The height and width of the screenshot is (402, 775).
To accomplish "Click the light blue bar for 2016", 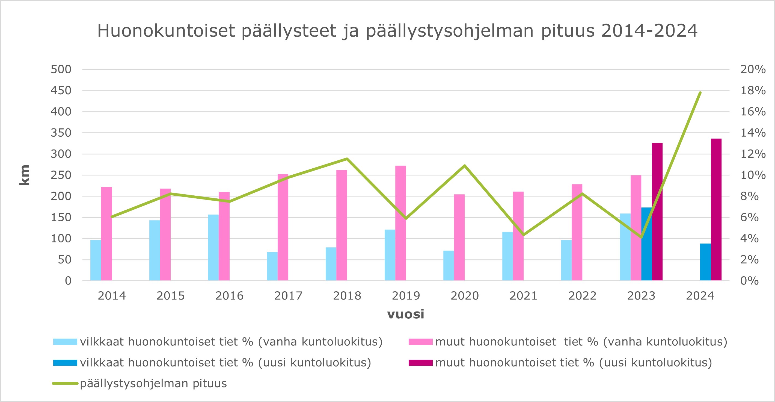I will pyautogui.click(x=213, y=248).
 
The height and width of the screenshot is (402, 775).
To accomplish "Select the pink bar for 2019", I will pyautogui.click(x=400, y=223).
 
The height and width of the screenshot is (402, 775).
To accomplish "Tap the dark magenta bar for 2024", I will pyautogui.click(x=716, y=210).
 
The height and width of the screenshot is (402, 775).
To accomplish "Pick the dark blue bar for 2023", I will pyautogui.click(x=646, y=244).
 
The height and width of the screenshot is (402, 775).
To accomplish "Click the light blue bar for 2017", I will pyautogui.click(x=272, y=266).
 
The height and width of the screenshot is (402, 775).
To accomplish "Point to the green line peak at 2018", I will pyautogui.click(x=347, y=159).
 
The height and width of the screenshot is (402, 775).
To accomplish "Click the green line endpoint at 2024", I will pyautogui.click(x=700, y=93).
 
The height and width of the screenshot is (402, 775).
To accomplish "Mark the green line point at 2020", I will pyautogui.click(x=465, y=165).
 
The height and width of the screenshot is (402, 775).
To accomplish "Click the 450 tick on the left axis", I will pyautogui.click(x=61, y=90).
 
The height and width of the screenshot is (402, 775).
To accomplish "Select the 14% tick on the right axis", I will pyautogui.click(x=753, y=133).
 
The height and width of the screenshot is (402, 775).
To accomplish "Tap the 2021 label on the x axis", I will pyautogui.click(x=523, y=296).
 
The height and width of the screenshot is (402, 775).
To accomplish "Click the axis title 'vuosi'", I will pyautogui.click(x=406, y=314).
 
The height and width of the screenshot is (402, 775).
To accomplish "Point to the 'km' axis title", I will pyautogui.click(x=24, y=175).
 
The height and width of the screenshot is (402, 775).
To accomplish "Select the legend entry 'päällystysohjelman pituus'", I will pyautogui.click(x=153, y=383).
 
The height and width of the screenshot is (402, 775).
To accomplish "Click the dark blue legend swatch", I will pyautogui.click(x=65, y=363).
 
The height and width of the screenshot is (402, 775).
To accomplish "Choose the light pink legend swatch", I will pyautogui.click(x=420, y=342).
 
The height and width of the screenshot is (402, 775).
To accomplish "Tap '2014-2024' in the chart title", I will pyautogui.click(x=649, y=31).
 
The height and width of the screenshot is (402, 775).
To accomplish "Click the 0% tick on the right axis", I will pyautogui.click(x=749, y=281).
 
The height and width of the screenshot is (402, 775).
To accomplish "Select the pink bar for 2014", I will pyautogui.click(x=106, y=234).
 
